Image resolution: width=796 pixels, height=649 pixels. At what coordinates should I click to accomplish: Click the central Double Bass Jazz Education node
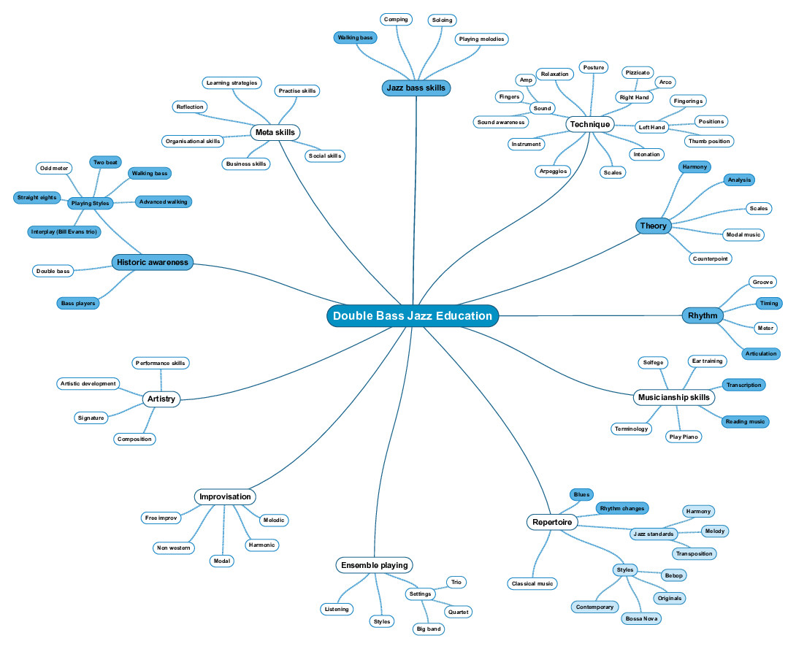pyautogui.click(x=413, y=316)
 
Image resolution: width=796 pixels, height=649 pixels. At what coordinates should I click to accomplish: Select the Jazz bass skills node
pyautogui.click(x=416, y=88)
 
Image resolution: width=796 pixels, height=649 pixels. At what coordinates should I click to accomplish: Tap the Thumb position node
pyautogui.click(x=708, y=141)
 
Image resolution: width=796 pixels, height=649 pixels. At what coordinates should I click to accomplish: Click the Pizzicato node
pyautogui.click(x=637, y=73)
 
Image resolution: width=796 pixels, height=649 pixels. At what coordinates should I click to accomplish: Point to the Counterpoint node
pyautogui.click(x=711, y=258)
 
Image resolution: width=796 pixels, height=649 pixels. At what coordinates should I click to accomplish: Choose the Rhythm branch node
pyautogui.click(x=703, y=315)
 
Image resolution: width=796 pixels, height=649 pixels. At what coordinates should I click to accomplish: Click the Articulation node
pyautogui.click(x=761, y=354)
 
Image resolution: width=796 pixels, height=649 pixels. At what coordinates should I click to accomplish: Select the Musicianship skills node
pyautogui.click(x=673, y=398)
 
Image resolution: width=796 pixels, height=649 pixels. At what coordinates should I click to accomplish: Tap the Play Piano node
pyautogui.click(x=684, y=437)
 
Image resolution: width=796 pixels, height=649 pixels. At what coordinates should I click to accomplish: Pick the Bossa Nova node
pyautogui.click(x=641, y=618)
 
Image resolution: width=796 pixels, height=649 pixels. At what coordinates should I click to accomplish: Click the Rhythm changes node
pyautogui.click(x=621, y=508)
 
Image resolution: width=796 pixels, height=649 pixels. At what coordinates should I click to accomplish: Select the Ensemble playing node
pyautogui.click(x=374, y=565)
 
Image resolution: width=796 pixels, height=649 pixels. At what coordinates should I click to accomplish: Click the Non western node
pyautogui.click(x=174, y=548)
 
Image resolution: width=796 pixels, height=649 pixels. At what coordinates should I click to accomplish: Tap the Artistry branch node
pyautogui.click(x=161, y=399)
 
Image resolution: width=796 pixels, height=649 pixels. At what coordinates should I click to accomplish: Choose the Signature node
pyautogui.click(x=91, y=418)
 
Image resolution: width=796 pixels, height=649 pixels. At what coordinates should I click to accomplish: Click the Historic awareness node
pyautogui.click(x=152, y=262)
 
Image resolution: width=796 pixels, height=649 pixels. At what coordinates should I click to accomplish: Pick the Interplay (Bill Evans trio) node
pyautogui.click(x=64, y=232)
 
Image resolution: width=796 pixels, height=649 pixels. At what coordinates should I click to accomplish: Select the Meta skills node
pyautogui.click(x=275, y=132)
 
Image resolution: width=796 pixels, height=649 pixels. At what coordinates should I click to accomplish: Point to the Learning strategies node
pyautogui.click(x=231, y=83)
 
